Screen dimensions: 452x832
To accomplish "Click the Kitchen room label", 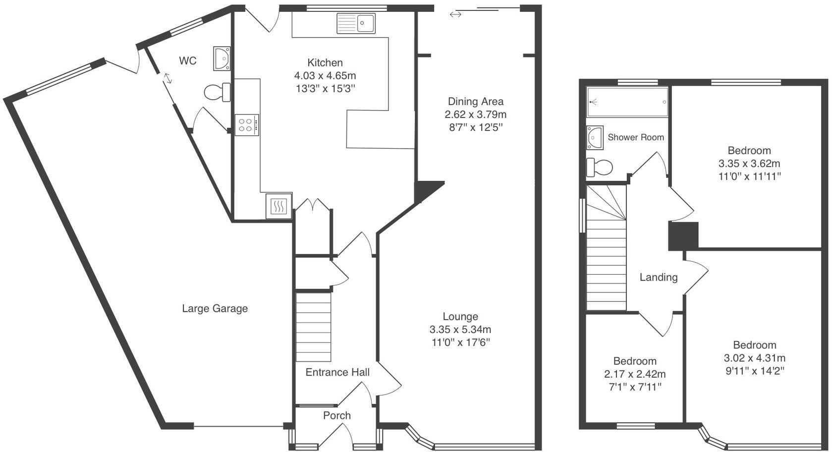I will (x=325, y=63).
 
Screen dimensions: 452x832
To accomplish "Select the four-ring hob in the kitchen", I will (x=247, y=124).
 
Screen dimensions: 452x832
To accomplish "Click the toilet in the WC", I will (x=217, y=92).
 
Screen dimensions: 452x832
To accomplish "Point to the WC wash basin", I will (x=222, y=57).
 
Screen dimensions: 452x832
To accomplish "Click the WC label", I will (x=188, y=61).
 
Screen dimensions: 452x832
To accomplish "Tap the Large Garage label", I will (x=215, y=309).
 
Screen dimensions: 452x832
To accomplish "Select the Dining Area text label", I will (x=476, y=102).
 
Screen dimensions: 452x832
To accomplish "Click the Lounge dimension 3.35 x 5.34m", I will (x=460, y=330).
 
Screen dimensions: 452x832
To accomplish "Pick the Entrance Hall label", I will (x=337, y=372).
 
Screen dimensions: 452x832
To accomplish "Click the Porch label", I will (x=337, y=415).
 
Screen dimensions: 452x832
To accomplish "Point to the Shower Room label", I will (x=636, y=137).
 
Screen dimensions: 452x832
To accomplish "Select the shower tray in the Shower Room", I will (x=627, y=102).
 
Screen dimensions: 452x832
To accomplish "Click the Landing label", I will (x=658, y=278).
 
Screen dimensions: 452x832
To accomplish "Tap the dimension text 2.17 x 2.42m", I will (x=634, y=374).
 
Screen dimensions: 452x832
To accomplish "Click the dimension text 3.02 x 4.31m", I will (x=755, y=358).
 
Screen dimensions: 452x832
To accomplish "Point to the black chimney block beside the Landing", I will (x=683, y=236).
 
